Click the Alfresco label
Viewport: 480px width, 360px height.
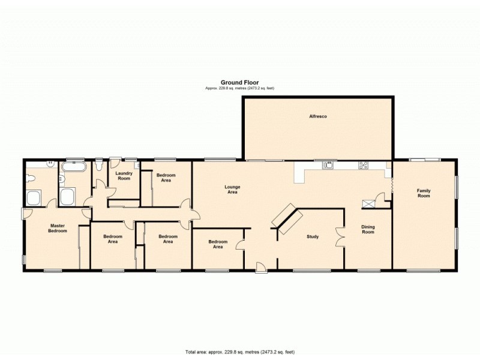tap(317, 116)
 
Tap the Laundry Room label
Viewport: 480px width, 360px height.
tap(124, 176)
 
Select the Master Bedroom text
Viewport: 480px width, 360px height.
tap(58, 229)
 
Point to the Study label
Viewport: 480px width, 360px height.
tap(313, 236)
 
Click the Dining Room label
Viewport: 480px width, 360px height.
tap(368, 229)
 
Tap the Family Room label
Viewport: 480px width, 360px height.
tap(424, 193)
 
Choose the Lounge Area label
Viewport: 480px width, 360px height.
tap(232, 190)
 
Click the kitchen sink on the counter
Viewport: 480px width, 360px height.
tap(326, 166)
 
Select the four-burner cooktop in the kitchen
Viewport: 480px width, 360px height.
tap(363, 166)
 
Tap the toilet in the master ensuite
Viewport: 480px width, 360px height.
tap(31, 177)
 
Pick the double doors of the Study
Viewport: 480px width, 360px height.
tap(341, 236)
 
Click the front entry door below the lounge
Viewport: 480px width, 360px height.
tap(261, 268)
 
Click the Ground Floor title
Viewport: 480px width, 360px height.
tap(239, 83)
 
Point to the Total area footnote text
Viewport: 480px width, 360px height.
tap(239, 352)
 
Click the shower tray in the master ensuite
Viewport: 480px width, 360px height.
tap(35, 197)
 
